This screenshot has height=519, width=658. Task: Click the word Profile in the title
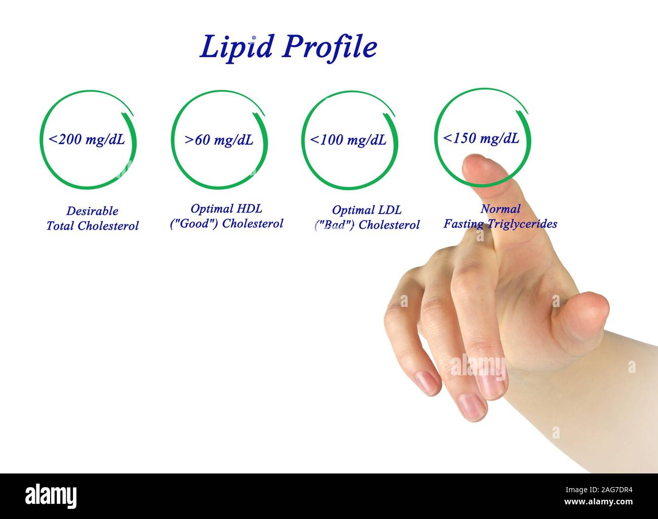(x=330, y=48)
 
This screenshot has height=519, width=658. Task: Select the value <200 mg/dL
(x=87, y=140)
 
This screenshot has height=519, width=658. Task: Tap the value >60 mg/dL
(x=219, y=140)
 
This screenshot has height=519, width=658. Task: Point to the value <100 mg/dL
(x=348, y=140)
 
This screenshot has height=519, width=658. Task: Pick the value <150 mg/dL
(x=481, y=138)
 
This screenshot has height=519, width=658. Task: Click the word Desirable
(x=92, y=211)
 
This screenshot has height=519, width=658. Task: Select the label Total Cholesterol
(x=92, y=226)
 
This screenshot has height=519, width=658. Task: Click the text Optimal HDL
(x=226, y=208)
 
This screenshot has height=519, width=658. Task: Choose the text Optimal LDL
(x=366, y=209)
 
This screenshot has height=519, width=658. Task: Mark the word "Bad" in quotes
(x=334, y=225)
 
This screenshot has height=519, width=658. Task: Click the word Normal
(x=500, y=208)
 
